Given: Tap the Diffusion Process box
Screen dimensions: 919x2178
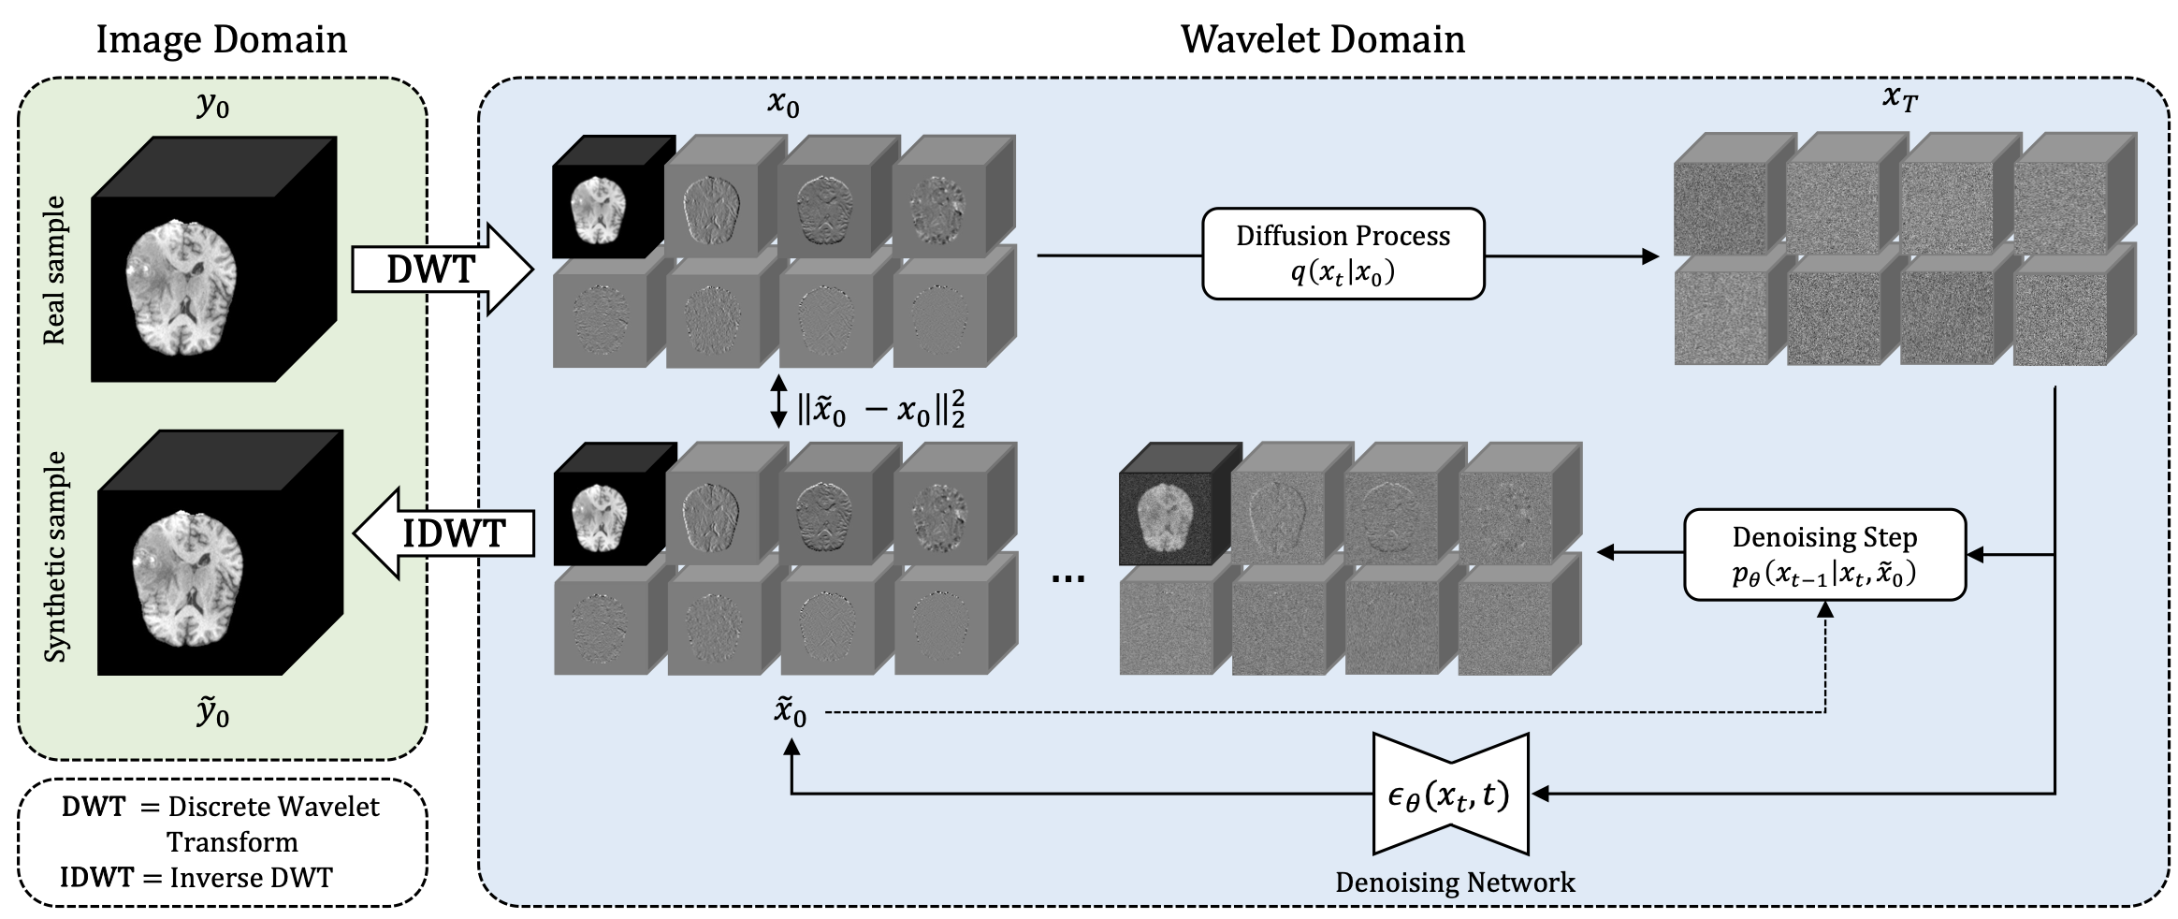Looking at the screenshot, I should tap(1343, 254).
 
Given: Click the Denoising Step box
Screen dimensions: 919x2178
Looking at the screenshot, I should tap(1823, 554).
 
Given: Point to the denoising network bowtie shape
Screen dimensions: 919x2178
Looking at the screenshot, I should tap(1450, 795).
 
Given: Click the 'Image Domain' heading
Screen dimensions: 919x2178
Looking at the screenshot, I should tap(222, 39).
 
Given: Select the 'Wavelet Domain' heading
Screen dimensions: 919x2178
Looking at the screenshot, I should tap(1322, 39).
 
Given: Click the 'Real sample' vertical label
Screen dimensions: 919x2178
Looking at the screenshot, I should tap(55, 270).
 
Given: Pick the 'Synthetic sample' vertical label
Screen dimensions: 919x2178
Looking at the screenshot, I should tap(56, 557).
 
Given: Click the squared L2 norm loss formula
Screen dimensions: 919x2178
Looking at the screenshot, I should tap(880, 410).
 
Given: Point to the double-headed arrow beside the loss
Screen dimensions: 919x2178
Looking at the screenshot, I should tap(778, 402).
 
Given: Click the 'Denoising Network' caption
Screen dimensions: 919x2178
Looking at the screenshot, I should tap(1455, 883).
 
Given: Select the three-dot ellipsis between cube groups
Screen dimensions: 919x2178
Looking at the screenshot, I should tap(1068, 578).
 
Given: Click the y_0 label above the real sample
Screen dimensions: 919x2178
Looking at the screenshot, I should tap(213, 106).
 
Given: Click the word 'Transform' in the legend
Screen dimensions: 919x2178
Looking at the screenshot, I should tap(232, 842).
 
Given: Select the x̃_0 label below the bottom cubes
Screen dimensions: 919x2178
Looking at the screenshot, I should tap(790, 713).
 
